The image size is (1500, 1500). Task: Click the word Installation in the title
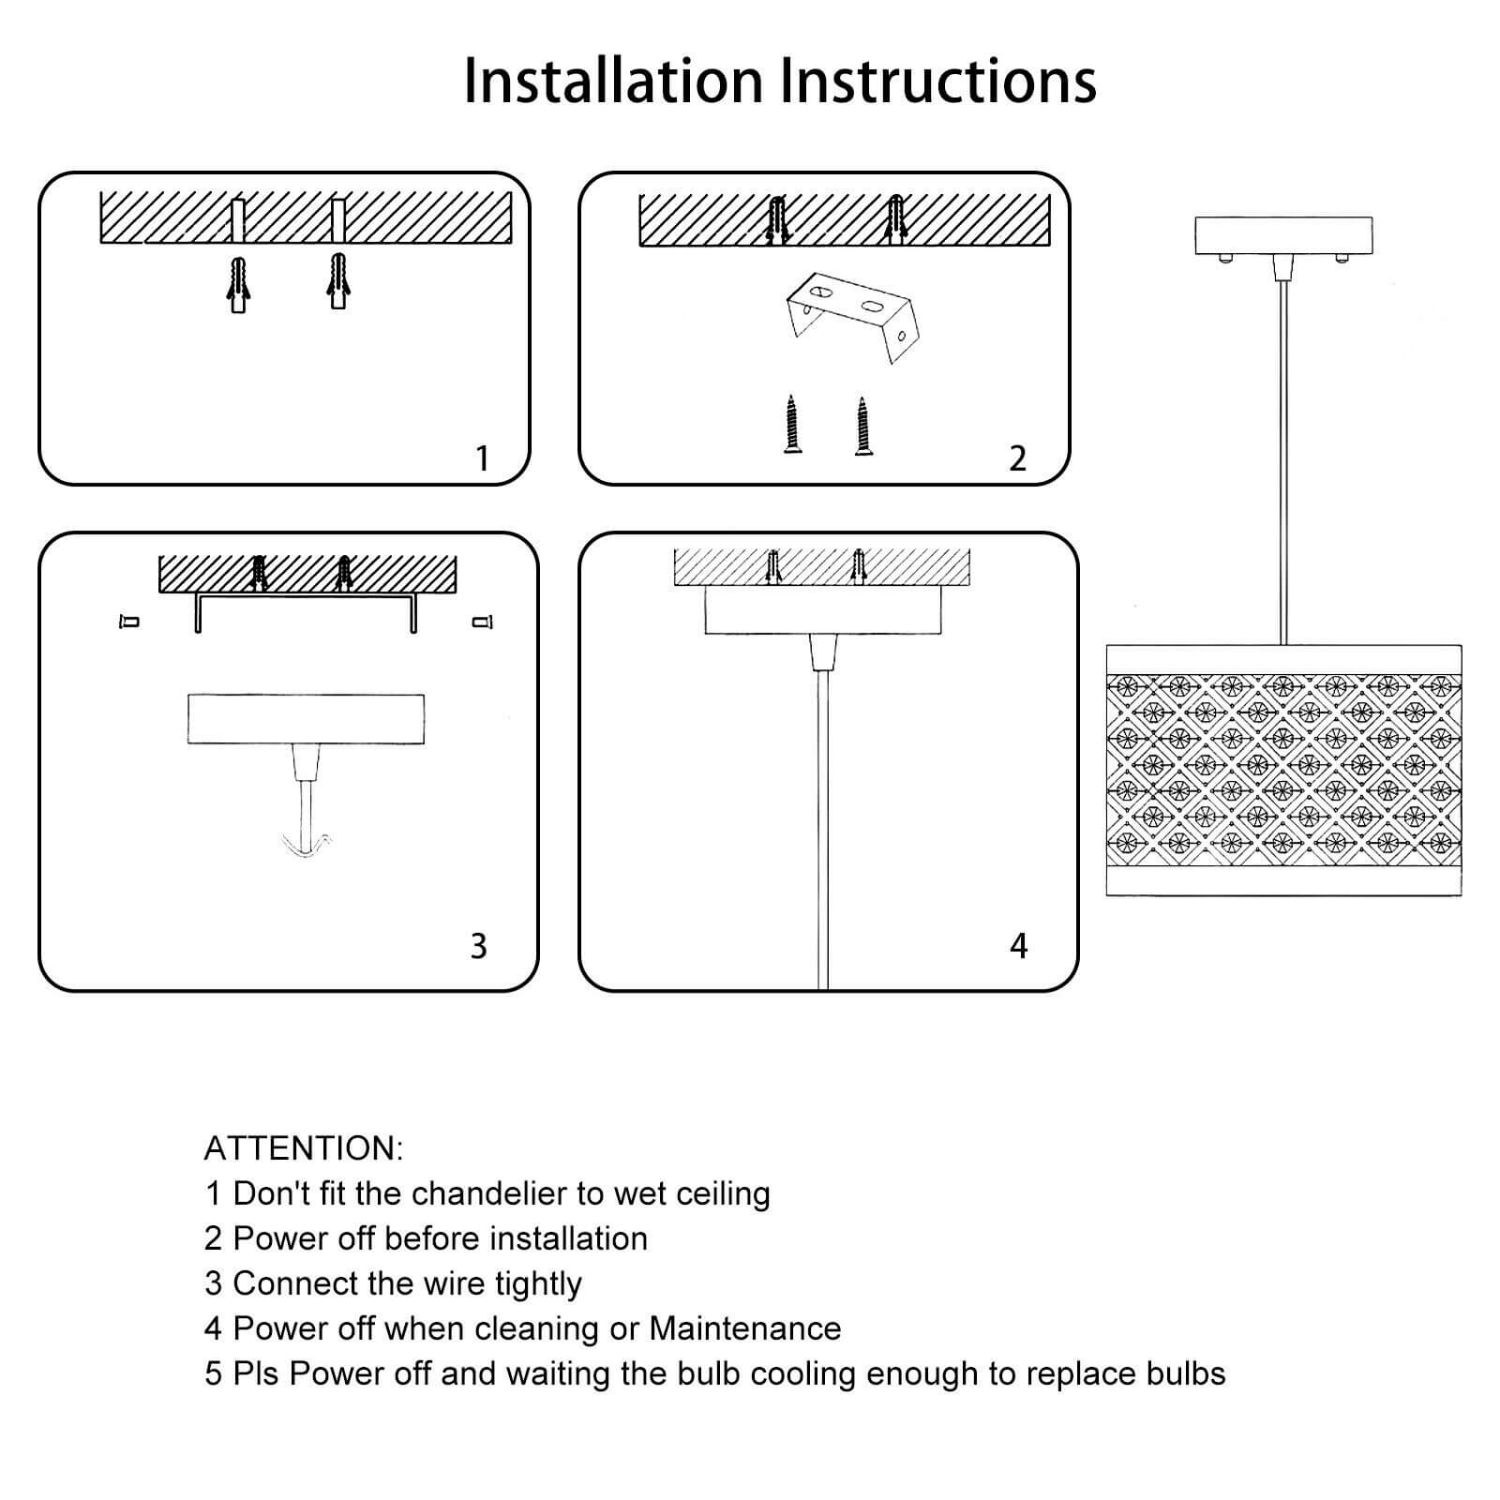[x=613, y=81]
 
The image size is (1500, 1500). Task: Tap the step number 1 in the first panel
[x=482, y=458]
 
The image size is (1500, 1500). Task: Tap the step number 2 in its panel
[x=1018, y=458]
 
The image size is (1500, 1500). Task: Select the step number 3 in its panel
[x=478, y=946]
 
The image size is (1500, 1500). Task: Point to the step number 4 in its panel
[x=1019, y=946]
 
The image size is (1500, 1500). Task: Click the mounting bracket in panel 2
[x=850, y=317]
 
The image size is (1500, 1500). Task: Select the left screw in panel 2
[x=792, y=425]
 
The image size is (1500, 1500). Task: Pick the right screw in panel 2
[x=862, y=425]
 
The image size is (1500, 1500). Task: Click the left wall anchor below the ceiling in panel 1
[x=238, y=285]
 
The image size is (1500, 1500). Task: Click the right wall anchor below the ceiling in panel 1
[x=337, y=280]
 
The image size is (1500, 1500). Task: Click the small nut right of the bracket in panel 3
[x=483, y=621]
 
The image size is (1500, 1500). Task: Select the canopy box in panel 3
[x=306, y=719]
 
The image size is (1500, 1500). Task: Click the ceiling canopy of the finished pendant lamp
[x=1282, y=236]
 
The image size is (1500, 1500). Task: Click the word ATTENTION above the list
[x=303, y=1148]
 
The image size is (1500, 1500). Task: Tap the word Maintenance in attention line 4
[x=744, y=1328]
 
